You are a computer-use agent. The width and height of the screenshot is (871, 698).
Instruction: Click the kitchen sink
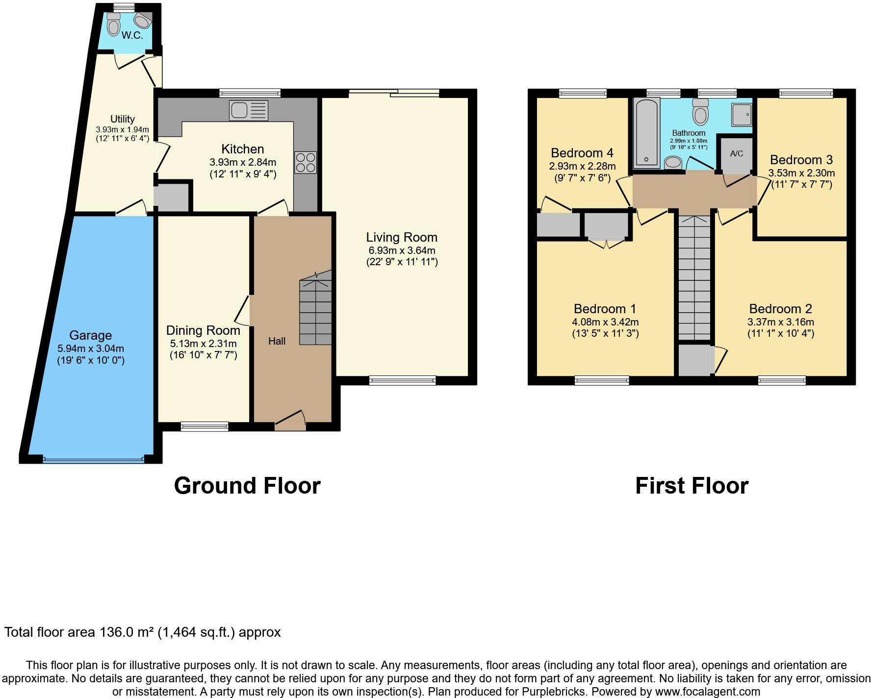[248, 110]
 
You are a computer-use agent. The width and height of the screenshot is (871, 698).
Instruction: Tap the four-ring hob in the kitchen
[306, 163]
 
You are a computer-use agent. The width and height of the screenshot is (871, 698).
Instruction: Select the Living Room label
[402, 237]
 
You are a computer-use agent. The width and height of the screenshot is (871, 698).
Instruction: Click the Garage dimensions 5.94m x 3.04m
[91, 349]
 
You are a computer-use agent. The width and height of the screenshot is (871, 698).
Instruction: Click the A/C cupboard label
[737, 153]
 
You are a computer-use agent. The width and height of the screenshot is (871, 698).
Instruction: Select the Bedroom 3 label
[801, 160]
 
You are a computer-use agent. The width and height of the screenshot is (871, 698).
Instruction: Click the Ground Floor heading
[247, 485]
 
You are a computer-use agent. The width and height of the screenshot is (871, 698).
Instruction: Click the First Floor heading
[692, 485]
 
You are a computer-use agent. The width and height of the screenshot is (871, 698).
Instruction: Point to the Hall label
[277, 341]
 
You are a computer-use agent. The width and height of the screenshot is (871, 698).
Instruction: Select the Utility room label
[123, 119]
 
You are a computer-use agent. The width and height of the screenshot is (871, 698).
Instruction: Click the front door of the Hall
[290, 421]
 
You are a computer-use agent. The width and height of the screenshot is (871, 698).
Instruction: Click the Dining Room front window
[205, 427]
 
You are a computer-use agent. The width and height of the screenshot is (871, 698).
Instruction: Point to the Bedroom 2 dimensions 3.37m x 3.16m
[780, 322]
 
